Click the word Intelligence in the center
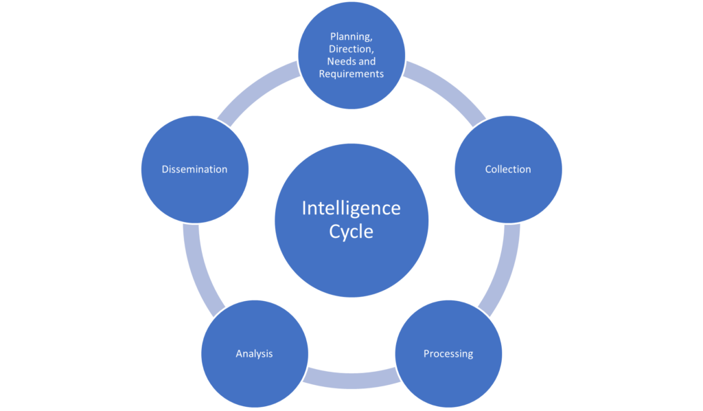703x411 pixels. [x=351, y=208]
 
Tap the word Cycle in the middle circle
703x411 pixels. [x=351, y=232]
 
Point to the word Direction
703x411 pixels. [x=351, y=49]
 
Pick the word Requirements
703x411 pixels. [x=351, y=74]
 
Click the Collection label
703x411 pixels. [x=507, y=169]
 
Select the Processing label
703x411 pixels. [x=448, y=353]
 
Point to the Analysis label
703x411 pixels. [x=254, y=353]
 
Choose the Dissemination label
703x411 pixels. [x=194, y=169]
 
